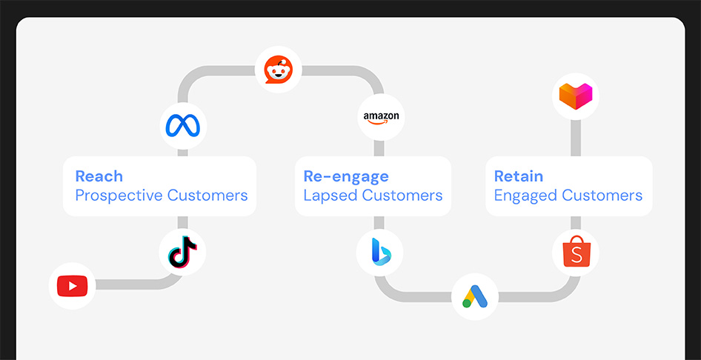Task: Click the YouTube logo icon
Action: [x=72, y=285]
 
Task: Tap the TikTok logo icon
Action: [x=183, y=253]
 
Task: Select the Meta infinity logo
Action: [x=183, y=126]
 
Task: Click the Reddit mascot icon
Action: [x=279, y=70]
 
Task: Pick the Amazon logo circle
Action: [x=381, y=117]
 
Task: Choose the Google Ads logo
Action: [x=474, y=296]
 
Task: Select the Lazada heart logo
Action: [x=576, y=96]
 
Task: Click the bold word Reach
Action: [x=99, y=176]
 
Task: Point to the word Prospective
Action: [x=119, y=196]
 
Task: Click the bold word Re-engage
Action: [x=346, y=176]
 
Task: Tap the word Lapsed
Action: [x=330, y=196]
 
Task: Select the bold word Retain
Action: [x=519, y=176]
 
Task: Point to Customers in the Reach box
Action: [x=207, y=196]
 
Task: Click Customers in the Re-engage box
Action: [x=402, y=196]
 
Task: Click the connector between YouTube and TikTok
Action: [x=126, y=284]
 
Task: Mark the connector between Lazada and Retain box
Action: [x=576, y=137]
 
